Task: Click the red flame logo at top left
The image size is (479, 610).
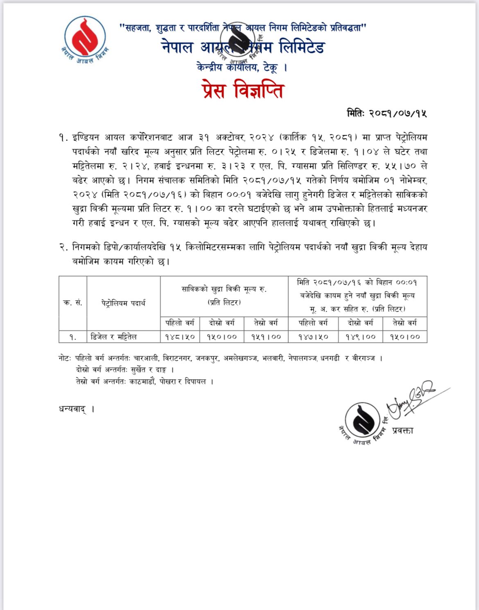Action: [x=85, y=38]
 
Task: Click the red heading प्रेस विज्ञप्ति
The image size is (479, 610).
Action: [x=242, y=90]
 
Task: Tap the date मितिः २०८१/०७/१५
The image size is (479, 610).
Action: [x=386, y=113]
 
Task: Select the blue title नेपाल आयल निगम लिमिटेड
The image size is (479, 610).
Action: [x=243, y=47]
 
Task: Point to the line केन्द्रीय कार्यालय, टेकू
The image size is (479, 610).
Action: [x=242, y=67]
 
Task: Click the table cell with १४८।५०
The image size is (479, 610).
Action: [x=180, y=337]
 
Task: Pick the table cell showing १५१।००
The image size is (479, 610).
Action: [x=266, y=337]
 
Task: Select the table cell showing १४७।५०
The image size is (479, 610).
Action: [x=313, y=337]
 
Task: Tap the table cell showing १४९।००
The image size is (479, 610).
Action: [x=361, y=337]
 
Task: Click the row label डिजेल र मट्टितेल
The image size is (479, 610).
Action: [x=113, y=337]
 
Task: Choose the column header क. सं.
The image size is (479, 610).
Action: [x=72, y=303]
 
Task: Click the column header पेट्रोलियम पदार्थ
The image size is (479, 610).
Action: [x=123, y=303]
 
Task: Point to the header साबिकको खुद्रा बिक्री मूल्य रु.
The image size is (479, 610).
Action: [x=224, y=289]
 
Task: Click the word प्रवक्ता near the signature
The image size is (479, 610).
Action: [x=402, y=430]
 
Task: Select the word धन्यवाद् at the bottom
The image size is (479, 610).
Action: [x=72, y=409]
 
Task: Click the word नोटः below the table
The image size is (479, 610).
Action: [x=65, y=358]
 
